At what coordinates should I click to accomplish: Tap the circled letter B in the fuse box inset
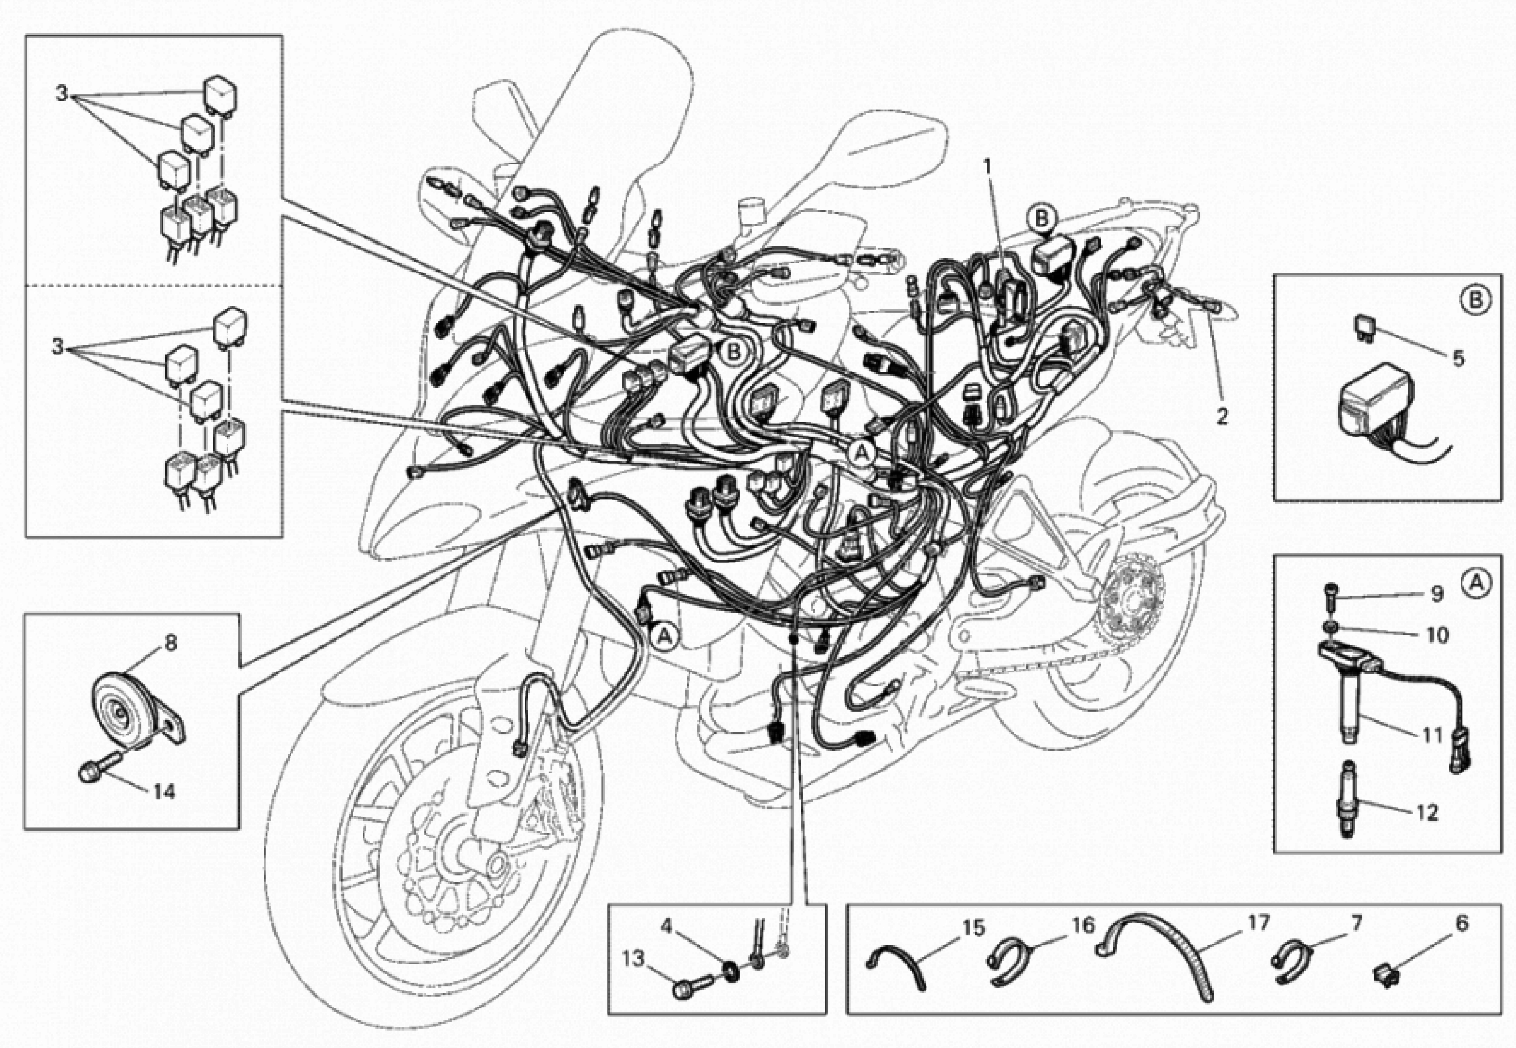pyautogui.click(x=1474, y=299)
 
